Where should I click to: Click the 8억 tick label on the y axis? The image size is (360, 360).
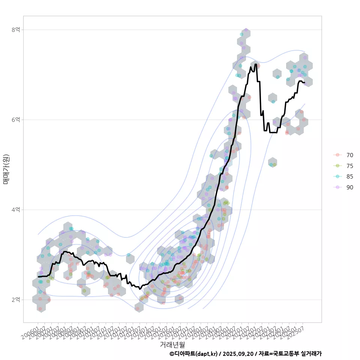tap(15, 30)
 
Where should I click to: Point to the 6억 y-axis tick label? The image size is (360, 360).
tap(15, 120)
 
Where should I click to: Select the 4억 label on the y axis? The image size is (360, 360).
tap(15, 210)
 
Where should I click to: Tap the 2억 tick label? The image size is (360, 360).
tap(15, 300)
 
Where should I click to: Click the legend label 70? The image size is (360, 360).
tap(349, 155)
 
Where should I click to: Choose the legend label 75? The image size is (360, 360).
tap(349, 166)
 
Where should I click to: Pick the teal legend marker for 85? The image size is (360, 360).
tap(337, 177)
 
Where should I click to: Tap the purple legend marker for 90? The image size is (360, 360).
tap(337, 187)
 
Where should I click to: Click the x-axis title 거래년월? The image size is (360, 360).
tap(172, 344)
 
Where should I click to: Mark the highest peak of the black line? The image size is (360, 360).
tap(256, 64)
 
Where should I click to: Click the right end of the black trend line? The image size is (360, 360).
tap(304, 82)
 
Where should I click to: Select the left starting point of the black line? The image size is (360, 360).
tap(38, 277)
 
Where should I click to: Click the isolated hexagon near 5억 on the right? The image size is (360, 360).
tap(273, 162)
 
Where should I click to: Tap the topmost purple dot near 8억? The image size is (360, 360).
tap(246, 30)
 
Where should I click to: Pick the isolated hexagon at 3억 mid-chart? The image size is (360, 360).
tap(130, 258)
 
